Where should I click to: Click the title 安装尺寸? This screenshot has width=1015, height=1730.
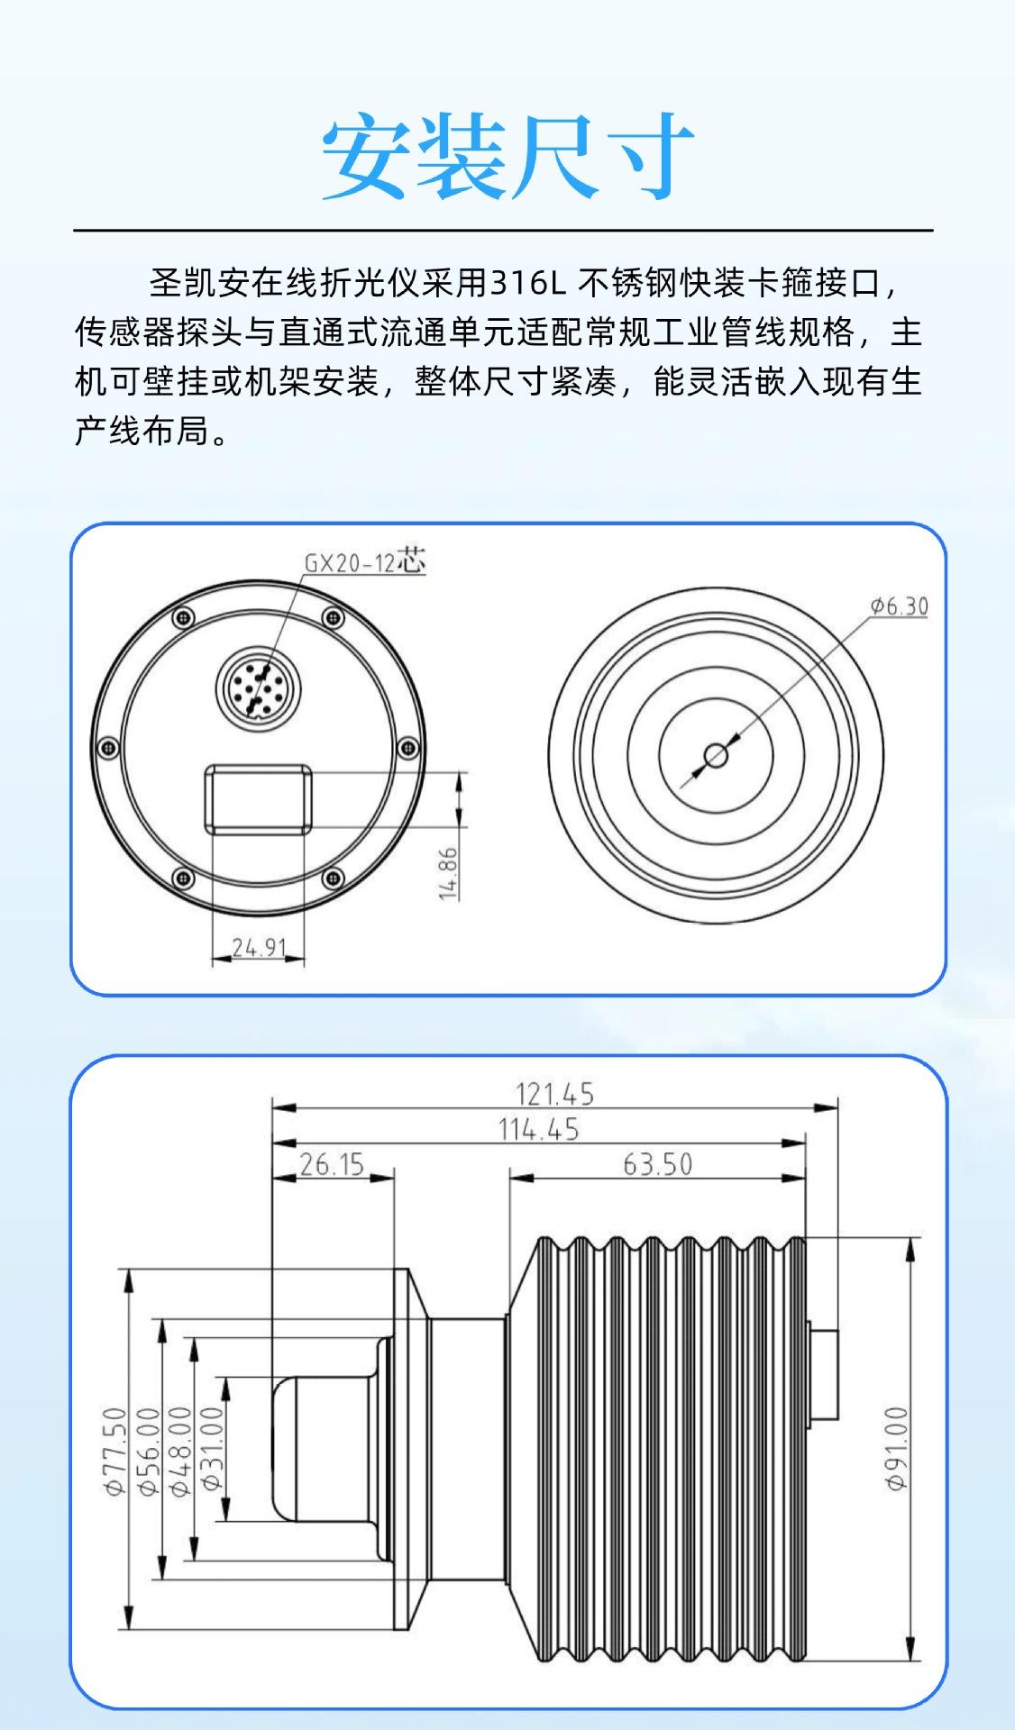(x=507, y=156)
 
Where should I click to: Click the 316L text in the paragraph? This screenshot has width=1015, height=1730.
(x=527, y=283)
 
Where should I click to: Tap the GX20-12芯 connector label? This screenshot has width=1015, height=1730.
(x=364, y=561)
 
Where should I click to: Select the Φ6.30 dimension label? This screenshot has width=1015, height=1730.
(x=899, y=605)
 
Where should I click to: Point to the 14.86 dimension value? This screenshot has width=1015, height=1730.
(x=448, y=872)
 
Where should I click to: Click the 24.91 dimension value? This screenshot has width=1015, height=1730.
(x=259, y=947)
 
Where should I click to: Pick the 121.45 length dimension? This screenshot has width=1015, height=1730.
(x=554, y=1094)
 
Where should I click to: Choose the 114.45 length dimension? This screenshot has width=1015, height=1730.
(x=538, y=1129)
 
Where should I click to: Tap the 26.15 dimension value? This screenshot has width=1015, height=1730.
(x=332, y=1164)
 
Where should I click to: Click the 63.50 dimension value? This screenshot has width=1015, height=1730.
(x=658, y=1164)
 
